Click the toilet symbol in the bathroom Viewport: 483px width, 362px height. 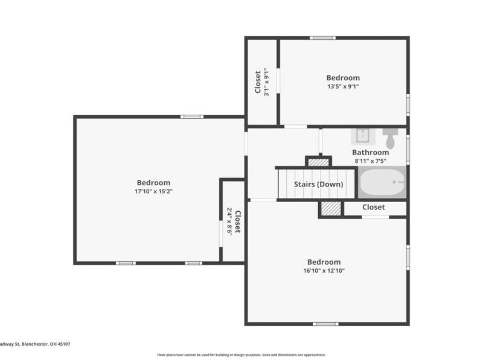(390, 138)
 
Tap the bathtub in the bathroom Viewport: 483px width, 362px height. (382, 183)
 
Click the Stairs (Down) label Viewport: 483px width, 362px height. (318, 184)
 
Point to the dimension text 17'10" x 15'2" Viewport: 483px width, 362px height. (153, 191)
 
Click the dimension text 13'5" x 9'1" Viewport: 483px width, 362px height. (343, 86)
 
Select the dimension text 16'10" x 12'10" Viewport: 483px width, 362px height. (324, 271)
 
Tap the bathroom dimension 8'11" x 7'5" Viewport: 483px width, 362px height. (370, 161)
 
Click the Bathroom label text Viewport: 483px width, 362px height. (370, 153)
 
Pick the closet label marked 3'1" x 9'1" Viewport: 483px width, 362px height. (258, 82)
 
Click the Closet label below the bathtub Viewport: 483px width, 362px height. (373, 207)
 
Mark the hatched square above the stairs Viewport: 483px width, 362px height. (318, 162)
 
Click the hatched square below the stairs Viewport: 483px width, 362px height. (331, 209)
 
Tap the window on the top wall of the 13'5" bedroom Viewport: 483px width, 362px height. (322, 38)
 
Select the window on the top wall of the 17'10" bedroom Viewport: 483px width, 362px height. (193, 116)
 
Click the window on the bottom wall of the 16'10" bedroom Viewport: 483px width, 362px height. (325, 324)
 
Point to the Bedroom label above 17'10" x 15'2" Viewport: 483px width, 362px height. (153, 183)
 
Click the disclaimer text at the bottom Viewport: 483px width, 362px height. (241, 355)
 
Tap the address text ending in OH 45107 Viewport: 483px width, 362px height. (35, 344)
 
